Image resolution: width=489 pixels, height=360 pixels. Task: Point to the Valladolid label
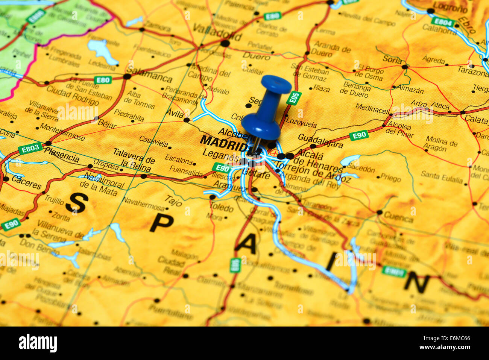(217, 32)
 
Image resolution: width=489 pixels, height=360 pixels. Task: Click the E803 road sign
(30, 149)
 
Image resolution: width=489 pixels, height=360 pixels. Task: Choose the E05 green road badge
(294, 98)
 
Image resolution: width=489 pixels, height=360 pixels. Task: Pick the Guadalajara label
(320, 141)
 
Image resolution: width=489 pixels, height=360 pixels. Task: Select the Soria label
(392, 59)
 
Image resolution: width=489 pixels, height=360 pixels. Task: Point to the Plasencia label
(62, 155)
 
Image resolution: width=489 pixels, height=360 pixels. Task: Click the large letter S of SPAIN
(77, 203)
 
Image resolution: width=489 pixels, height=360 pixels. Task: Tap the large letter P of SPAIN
(161, 223)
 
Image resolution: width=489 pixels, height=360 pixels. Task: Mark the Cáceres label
(26, 182)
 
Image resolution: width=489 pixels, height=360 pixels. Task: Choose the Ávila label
(175, 113)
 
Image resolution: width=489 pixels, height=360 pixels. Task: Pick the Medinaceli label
(372, 109)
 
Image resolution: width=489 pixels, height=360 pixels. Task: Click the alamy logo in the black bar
(38, 343)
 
